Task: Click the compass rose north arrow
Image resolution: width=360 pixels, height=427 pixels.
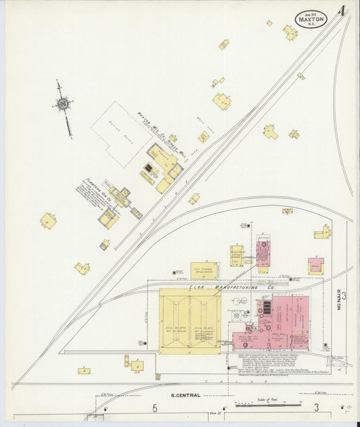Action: click(x=63, y=103)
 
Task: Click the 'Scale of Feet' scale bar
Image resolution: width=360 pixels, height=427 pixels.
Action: click(x=268, y=403)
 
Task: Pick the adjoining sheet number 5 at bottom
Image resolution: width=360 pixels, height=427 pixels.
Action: click(x=155, y=407)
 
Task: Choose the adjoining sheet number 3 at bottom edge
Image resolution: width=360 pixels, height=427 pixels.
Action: click(x=316, y=407)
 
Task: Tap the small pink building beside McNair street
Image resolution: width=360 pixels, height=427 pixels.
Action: click(x=315, y=266)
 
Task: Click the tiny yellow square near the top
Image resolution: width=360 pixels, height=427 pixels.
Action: click(x=269, y=23)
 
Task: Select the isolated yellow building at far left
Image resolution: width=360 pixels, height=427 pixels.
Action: click(x=48, y=220)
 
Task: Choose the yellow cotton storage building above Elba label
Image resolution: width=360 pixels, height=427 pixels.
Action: click(x=204, y=270)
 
